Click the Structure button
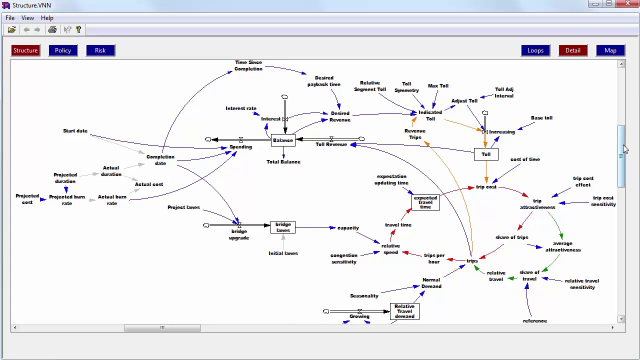click(x=25, y=50)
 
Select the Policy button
click(x=63, y=50)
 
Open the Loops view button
click(x=535, y=50)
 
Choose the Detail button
click(x=572, y=50)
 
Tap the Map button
click(x=610, y=50)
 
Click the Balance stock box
click(x=283, y=140)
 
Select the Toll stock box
click(x=486, y=154)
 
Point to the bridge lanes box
click(x=283, y=227)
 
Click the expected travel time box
click(x=425, y=202)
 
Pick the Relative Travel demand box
click(x=404, y=311)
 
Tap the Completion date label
click(x=160, y=160)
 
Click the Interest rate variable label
click(x=241, y=108)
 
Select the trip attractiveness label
click(x=537, y=204)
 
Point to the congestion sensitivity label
click(x=344, y=258)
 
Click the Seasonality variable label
click(x=364, y=296)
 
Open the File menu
click(x=10, y=18)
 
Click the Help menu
click(x=47, y=18)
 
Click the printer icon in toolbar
click(x=52, y=30)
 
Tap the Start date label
click(x=75, y=131)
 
